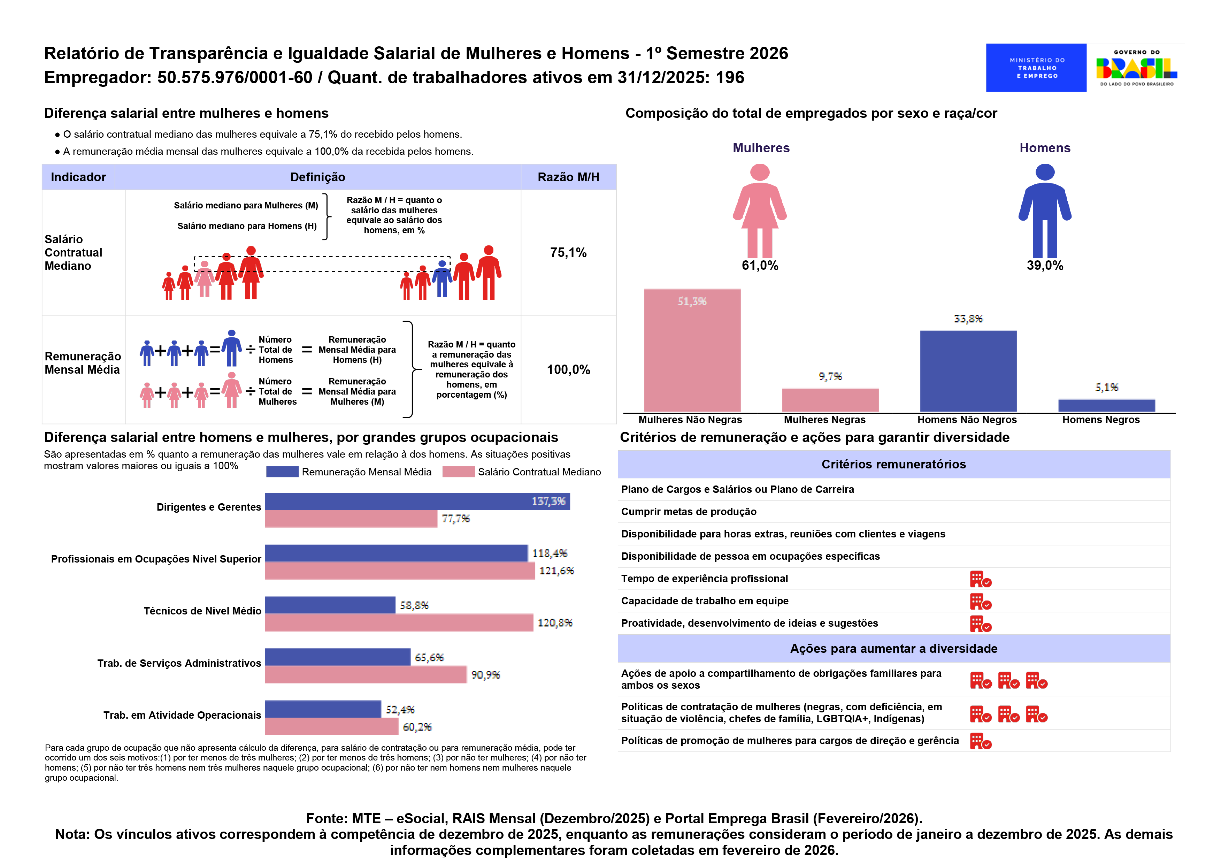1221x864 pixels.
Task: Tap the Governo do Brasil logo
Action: pos(1136,68)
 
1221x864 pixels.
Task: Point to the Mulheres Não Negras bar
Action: pos(691,350)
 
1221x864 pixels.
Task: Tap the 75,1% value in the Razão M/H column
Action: pos(568,253)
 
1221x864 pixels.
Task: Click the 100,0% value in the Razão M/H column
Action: pos(568,370)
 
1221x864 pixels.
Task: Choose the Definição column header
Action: pos(317,177)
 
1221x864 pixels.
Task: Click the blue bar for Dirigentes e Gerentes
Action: pos(416,501)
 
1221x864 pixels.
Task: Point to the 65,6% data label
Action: pos(429,658)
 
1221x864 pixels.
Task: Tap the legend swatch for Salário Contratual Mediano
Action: pos(458,472)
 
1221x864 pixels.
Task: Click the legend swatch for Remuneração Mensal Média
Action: pos(282,472)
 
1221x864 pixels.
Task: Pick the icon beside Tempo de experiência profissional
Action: pos(980,579)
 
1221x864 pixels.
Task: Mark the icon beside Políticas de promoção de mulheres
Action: pos(980,741)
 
